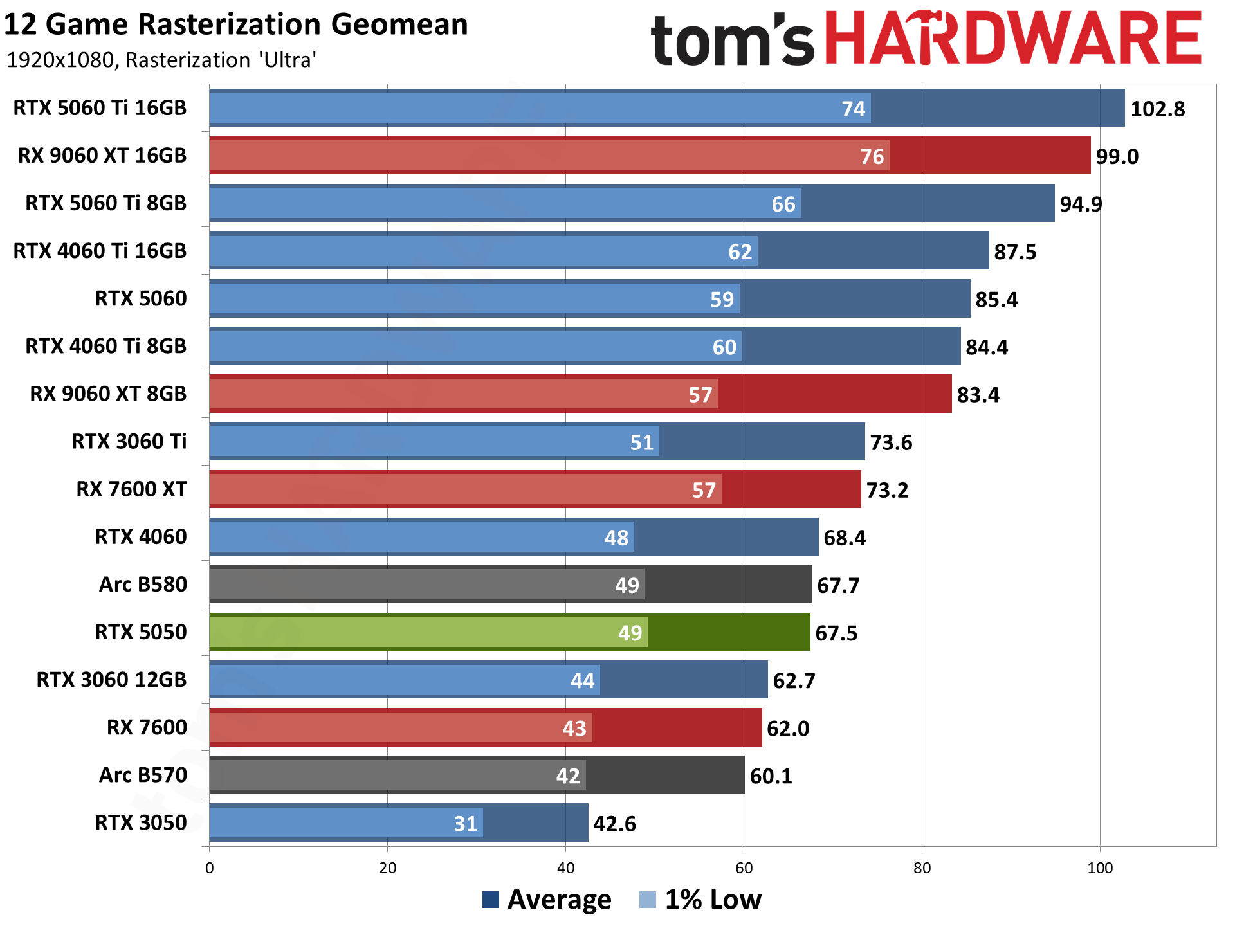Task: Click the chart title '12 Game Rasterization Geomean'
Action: point(235,26)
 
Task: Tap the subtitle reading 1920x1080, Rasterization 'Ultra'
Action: point(161,60)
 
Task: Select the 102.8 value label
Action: point(1157,109)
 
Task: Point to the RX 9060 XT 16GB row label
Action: point(102,156)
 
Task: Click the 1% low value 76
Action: point(872,156)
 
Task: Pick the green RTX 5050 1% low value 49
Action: point(630,633)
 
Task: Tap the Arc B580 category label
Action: point(143,585)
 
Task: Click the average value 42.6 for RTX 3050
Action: point(614,824)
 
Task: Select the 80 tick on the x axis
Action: point(922,868)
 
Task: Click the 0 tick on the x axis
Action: point(209,868)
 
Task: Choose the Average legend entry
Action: point(547,900)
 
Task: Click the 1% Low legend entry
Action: point(701,900)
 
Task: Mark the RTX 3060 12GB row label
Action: point(111,680)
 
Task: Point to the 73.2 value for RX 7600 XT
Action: point(887,491)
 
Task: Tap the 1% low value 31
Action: point(465,824)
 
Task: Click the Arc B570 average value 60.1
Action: point(771,776)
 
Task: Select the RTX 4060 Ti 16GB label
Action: point(100,251)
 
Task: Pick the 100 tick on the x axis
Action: point(1100,868)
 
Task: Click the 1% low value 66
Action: point(783,204)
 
